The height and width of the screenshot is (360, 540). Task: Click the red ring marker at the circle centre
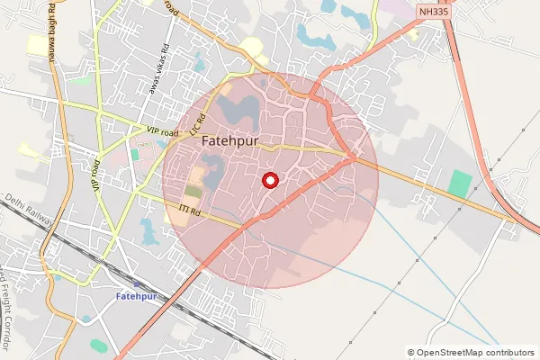coord(269,180)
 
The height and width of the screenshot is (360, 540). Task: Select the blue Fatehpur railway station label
coord(136,296)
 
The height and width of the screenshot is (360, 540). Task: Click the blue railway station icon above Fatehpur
coord(135,283)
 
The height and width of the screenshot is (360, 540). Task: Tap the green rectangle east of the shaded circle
coord(460,184)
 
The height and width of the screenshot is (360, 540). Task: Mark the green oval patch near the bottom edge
coord(98,346)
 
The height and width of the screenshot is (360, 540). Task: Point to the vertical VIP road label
coord(94,173)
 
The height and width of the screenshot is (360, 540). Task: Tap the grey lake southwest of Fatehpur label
coord(211,170)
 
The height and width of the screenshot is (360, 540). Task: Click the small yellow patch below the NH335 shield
coord(413,34)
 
